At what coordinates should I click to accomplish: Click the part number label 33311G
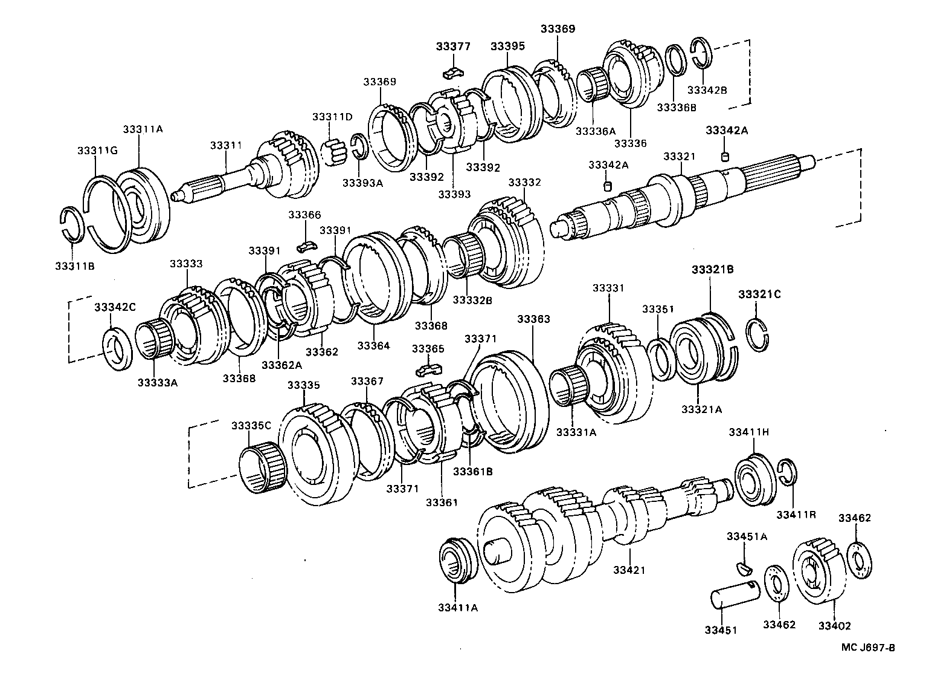[x=97, y=150]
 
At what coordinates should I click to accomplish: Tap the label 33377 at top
[x=454, y=46]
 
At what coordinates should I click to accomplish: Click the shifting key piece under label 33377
[x=453, y=73]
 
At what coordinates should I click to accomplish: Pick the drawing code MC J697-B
[x=869, y=647]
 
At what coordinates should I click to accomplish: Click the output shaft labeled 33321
[x=683, y=197]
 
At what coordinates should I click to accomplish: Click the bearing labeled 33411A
[x=457, y=560]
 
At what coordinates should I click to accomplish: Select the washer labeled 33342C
[x=118, y=348]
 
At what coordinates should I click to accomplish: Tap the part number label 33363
[x=533, y=319]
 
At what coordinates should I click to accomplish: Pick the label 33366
[x=304, y=215]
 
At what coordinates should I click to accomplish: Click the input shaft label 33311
[x=226, y=145]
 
